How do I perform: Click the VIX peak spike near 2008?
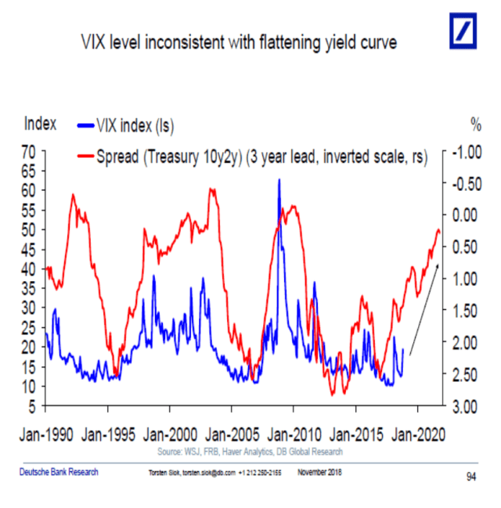[x=279, y=181]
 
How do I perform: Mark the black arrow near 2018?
[x=420, y=304]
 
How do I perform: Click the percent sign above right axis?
[x=474, y=124]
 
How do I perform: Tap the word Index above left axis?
[x=40, y=123]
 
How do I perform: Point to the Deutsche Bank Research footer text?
[x=59, y=471]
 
